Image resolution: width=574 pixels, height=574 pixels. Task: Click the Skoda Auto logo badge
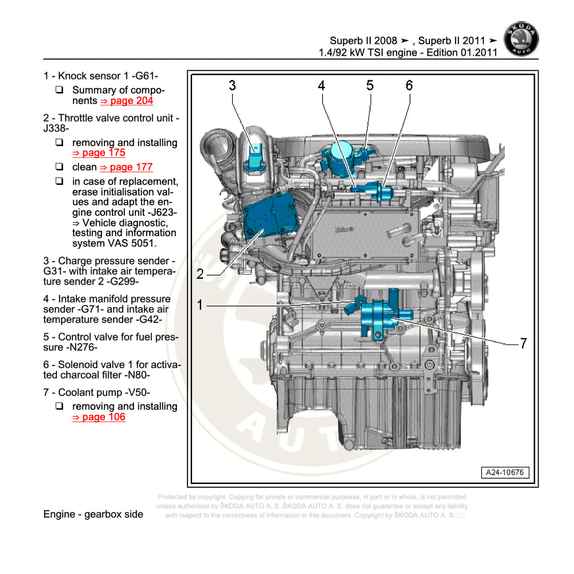pyautogui.click(x=520, y=40)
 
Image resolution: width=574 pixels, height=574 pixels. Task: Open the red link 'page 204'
pyautogui.click(x=126, y=101)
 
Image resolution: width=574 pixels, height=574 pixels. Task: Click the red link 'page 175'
pyautogui.click(x=99, y=153)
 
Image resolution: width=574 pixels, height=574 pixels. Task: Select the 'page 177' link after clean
pyautogui.click(x=126, y=167)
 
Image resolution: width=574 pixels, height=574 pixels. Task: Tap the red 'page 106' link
pyautogui.click(x=99, y=418)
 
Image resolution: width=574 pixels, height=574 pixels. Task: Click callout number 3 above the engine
pyautogui.click(x=232, y=85)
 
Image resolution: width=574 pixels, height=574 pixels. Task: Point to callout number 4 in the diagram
pyautogui.click(x=322, y=85)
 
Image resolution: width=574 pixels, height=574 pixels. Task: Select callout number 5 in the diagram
pyautogui.click(x=370, y=85)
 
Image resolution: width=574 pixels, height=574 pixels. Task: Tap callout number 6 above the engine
pyautogui.click(x=409, y=85)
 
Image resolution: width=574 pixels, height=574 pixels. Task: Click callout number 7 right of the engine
pyautogui.click(x=523, y=343)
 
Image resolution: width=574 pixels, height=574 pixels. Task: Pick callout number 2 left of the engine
pyautogui.click(x=201, y=275)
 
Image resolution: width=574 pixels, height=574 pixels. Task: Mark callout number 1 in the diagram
pyautogui.click(x=201, y=304)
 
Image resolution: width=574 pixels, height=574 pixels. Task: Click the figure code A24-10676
pyautogui.click(x=506, y=472)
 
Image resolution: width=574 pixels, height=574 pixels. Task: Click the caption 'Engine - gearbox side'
pyautogui.click(x=93, y=514)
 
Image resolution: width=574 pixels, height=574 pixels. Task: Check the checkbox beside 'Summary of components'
pyautogui.click(x=60, y=90)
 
